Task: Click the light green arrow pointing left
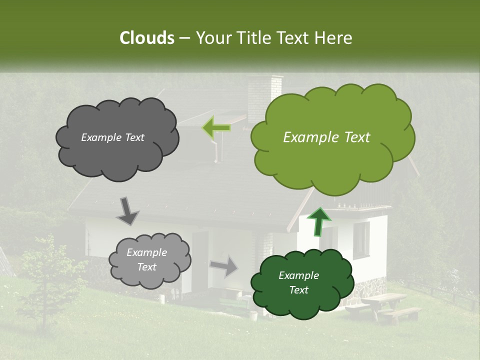[x=216, y=127]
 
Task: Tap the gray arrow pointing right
[x=224, y=266]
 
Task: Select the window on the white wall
[x=361, y=237]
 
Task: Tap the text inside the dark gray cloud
[x=112, y=137]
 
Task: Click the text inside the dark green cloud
[x=298, y=282]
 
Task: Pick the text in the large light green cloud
[x=326, y=137]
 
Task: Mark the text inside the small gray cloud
[x=146, y=260]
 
